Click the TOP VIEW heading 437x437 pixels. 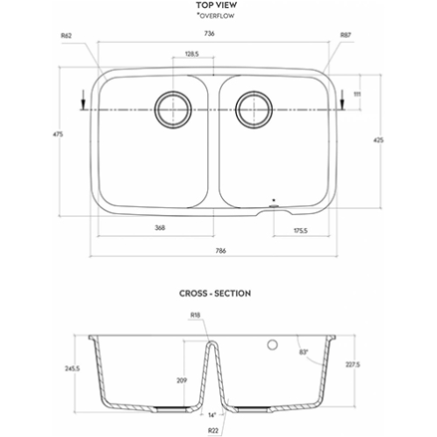(x=216, y=5)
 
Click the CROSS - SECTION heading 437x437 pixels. (x=215, y=293)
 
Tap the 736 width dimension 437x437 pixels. (x=210, y=33)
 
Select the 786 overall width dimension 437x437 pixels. (x=221, y=251)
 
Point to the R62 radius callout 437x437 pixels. (x=66, y=36)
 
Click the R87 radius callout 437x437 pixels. (x=346, y=35)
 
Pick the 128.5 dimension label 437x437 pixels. (x=192, y=54)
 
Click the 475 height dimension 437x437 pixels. (x=58, y=134)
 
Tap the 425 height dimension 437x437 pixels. (x=378, y=140)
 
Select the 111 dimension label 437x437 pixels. (x=357, y=94)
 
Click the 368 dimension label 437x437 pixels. (x=160, y=227)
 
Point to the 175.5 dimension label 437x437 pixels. (x=301, y=231)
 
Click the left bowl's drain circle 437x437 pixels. (x=173, y=110)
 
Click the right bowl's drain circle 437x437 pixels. (x=254, y=110)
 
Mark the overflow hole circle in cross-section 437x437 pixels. (x=272, y=345)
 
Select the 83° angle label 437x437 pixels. (x=304, y=352)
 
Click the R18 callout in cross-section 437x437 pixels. (x=195, y=315)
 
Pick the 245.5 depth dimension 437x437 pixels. (x=72, y=369)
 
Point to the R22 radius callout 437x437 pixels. (x=213, y=430)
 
